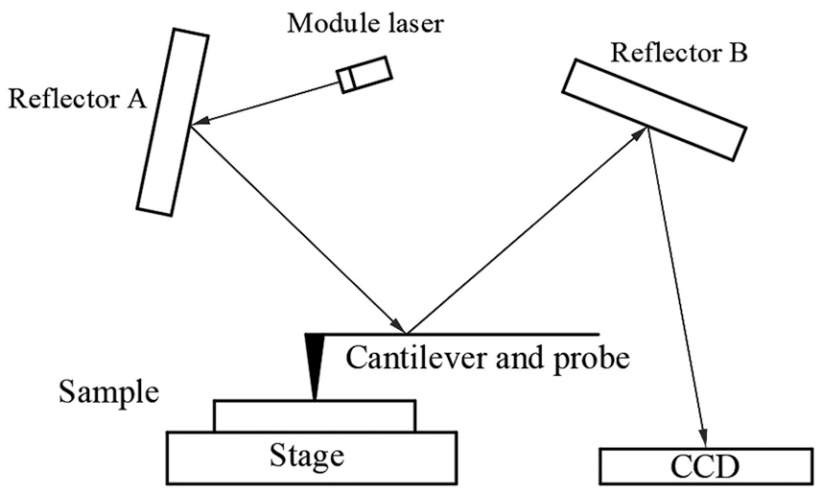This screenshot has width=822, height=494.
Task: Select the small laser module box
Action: (x=364, y=75)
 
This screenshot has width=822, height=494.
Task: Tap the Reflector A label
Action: (x=76, y=99)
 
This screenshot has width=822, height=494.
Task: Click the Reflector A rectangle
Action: (x=172, y=120)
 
